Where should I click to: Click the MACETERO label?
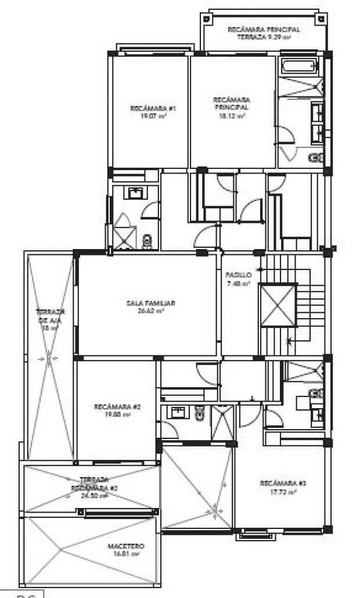pos(126,546)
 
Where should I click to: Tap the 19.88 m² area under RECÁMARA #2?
pos(117,415)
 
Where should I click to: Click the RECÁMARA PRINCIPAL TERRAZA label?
pos(264,29)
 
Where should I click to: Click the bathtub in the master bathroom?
pos(301,67)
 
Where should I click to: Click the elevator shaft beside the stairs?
pos(278,305)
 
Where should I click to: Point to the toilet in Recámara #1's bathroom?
pos(147,240)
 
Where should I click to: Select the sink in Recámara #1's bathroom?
pos(136,192)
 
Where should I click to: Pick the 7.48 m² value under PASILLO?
pos(239,283)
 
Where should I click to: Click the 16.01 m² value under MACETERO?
pos(126,554)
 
